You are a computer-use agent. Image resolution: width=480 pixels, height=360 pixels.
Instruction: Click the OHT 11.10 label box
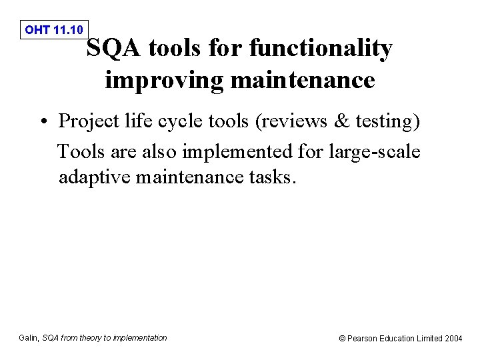[x=53, y=29]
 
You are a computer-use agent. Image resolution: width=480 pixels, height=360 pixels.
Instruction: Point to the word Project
[x=90, y=122]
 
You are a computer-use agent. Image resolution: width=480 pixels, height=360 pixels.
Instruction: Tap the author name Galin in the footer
[x=29, y=338]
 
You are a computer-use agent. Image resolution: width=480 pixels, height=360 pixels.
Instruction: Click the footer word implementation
[x=140, y=338]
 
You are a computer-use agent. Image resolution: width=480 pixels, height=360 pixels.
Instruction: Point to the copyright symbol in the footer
[x=343, y=339]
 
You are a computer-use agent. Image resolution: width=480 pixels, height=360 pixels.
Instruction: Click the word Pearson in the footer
[x=363, y=339]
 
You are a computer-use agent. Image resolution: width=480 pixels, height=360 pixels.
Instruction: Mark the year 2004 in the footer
[x=453, y=339]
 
